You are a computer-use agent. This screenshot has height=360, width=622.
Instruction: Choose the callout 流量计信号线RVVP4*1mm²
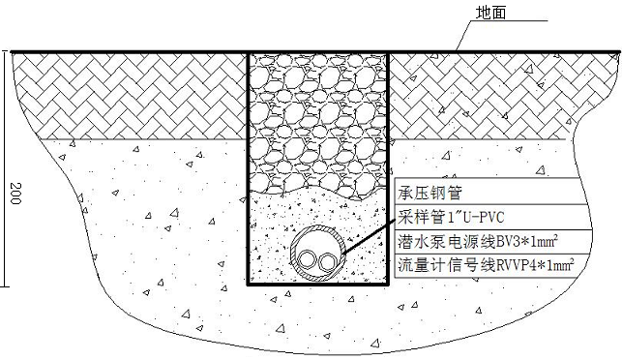coord(485,263)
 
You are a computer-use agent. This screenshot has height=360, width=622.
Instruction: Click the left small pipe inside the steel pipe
coord(310,260)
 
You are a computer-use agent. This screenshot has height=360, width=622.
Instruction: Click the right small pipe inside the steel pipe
coord(330,260)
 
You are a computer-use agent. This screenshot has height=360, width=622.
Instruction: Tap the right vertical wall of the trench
coord(389,145)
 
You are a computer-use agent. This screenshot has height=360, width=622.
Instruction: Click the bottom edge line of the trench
coord(318,286)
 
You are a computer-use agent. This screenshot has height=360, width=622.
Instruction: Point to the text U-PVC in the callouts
coord(468,215)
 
